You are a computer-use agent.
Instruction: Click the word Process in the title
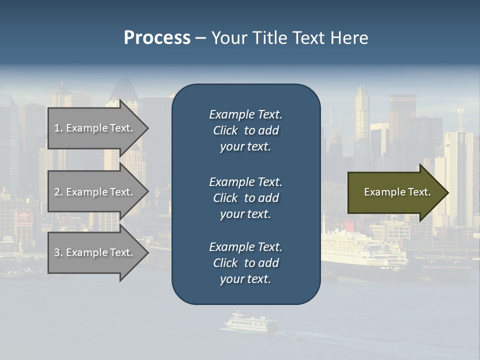(157, 38)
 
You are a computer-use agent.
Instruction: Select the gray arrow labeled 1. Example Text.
(95, 128)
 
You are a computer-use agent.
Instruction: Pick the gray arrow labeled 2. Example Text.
(95, 192)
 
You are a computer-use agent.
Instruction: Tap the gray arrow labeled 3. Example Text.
(95, 253)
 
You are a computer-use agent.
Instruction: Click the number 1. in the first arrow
(58, 128)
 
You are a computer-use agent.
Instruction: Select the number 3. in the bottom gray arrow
(58, 253)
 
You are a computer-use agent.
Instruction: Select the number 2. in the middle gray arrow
(58, 192)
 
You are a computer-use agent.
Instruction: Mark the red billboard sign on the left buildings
(23, 218)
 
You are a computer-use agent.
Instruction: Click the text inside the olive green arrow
(397, 192)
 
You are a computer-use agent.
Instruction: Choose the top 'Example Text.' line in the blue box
(245, 115)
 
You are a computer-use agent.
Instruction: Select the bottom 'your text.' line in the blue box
(245, 279)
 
